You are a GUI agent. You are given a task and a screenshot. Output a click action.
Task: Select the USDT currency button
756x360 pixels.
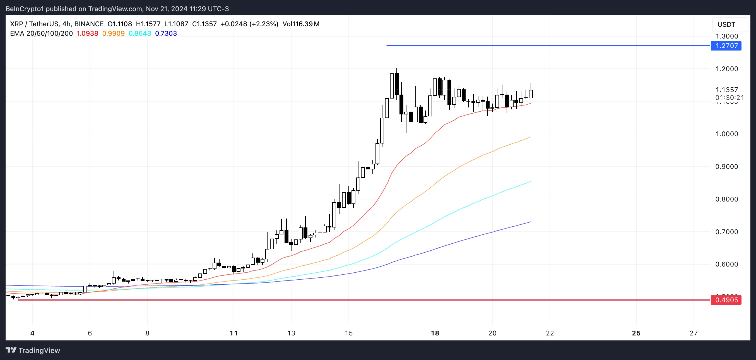(726, 24)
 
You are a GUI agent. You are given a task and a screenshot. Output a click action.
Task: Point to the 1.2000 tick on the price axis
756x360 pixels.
(726, 69)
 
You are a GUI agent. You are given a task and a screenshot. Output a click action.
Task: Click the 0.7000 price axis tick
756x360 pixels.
(726, 232)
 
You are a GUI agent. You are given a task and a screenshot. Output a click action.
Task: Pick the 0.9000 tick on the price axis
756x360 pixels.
(726, 167)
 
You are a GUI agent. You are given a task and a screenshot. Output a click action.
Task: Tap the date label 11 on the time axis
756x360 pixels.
(233, 333)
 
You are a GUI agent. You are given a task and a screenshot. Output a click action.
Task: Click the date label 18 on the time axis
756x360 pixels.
(435, 333)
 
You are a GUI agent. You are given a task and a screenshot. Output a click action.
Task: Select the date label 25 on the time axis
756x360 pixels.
(636, 333)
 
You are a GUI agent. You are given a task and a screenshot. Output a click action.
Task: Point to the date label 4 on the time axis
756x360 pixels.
(32, 333)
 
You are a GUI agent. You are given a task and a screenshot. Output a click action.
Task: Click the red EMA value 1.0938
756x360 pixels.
(88, 33)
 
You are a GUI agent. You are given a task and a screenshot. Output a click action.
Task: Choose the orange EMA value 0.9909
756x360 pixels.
(113, 33)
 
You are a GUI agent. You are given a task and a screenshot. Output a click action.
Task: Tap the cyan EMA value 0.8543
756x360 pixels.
(140, 33)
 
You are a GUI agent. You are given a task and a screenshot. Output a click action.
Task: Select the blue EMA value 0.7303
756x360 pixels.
(166, 33)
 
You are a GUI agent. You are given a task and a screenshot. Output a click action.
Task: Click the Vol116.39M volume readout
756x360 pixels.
(301, 24)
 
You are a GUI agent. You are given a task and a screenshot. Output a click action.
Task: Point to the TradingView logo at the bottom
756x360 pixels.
(33, 350)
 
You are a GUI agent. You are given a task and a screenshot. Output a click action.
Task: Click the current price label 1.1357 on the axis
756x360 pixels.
(726, 90)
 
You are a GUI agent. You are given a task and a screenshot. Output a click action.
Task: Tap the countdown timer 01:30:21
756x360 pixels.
(729, 97)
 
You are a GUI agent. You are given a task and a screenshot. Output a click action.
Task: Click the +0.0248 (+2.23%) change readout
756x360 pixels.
(249, 24)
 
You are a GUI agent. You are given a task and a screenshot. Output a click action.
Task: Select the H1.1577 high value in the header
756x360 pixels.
(148, 24)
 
